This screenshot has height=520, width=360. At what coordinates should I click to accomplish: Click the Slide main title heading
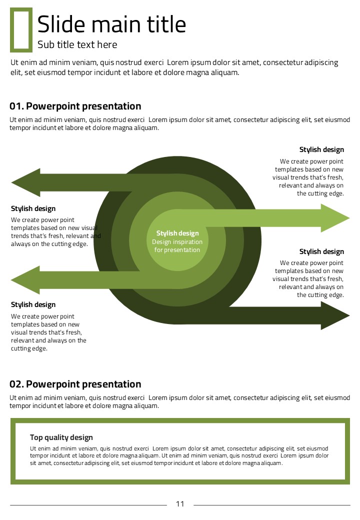(111, 24)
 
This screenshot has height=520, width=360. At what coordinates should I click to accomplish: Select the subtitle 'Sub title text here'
(77, 44)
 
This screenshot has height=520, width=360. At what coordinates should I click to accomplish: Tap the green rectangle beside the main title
(21, 29)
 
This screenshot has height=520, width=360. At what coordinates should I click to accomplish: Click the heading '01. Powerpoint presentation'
(75, 106)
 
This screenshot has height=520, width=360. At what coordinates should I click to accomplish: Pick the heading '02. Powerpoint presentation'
(75, 384)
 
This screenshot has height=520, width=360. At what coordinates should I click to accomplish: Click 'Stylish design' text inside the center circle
(177, 233)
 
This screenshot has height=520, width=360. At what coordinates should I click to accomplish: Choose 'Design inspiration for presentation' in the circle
(177, 246)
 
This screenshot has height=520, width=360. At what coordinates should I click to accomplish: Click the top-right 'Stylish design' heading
(321, 149)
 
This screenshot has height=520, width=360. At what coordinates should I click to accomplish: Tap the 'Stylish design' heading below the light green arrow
(321, 251)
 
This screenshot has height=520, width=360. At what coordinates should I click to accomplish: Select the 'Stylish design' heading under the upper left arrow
(33, 208)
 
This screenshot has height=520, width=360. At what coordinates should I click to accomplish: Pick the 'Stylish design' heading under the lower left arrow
(33, 304)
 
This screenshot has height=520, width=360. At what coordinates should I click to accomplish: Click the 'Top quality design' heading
(61, 437)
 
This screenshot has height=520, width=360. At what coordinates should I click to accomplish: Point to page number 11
(180, 504)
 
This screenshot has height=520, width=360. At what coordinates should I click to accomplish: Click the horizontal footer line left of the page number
(88, 505)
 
